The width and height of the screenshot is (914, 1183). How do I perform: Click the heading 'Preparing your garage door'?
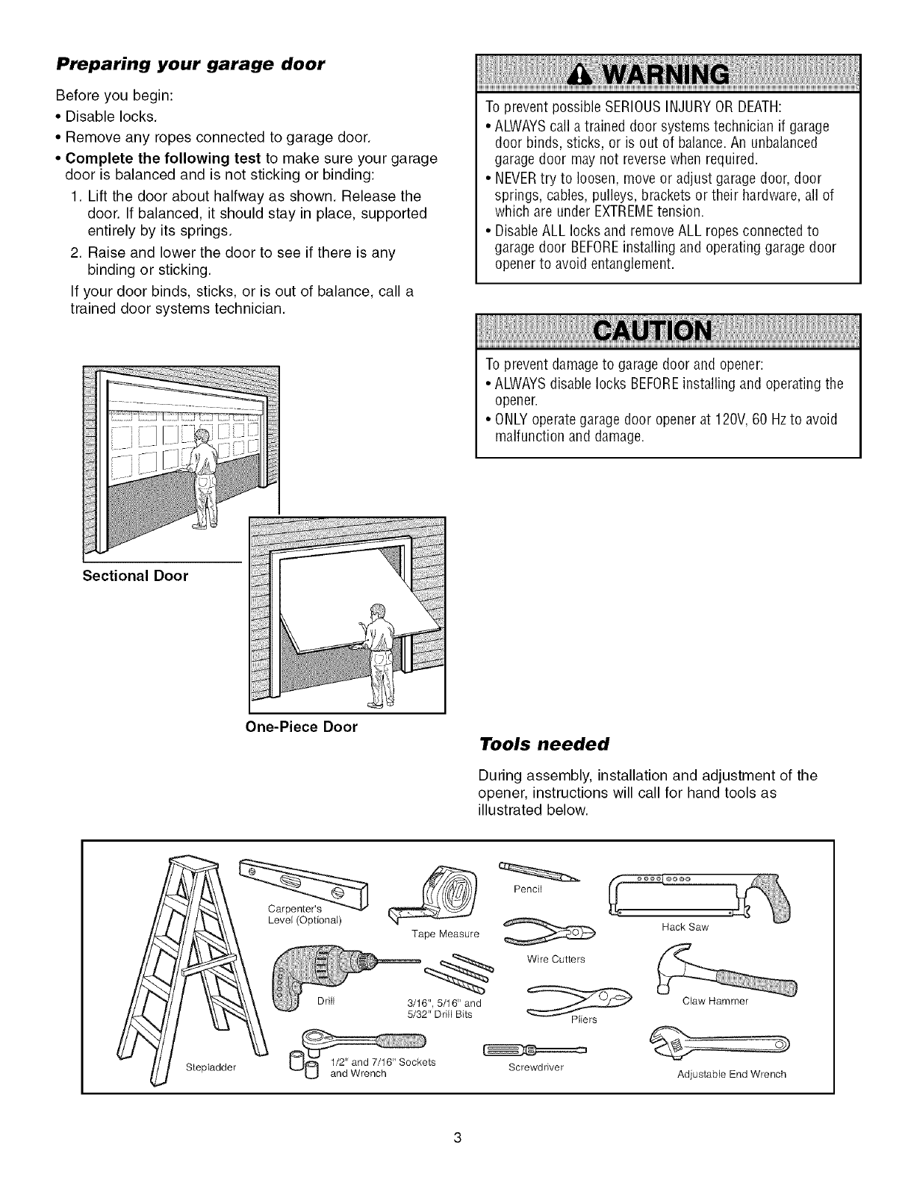pos(190,64)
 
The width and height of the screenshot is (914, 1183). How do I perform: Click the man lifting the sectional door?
pos(201,478)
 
